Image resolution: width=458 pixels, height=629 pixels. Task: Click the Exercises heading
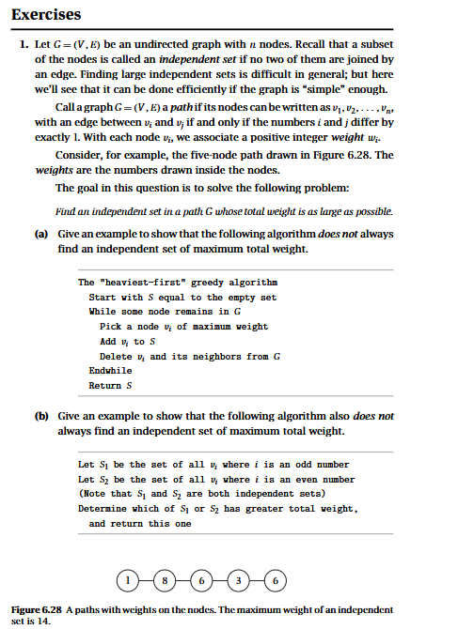46,14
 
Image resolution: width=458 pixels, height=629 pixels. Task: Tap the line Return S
107,385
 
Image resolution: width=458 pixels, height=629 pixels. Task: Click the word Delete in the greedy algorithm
116,357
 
